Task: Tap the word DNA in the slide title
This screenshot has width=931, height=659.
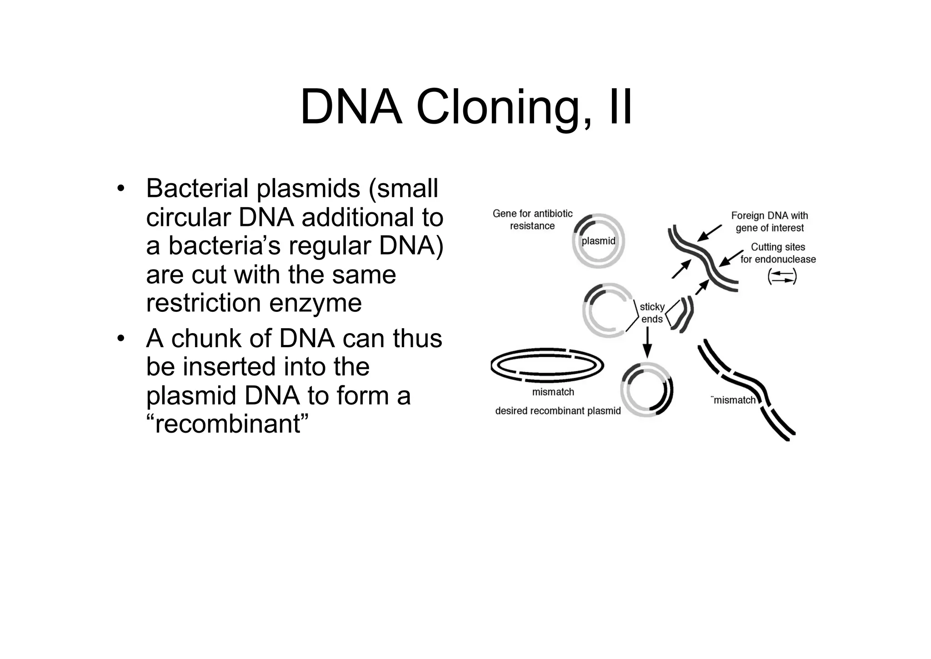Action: tap(351, 108)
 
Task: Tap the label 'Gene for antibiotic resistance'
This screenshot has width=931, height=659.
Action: tap(532, 220)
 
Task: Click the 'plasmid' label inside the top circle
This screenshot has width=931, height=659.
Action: tap(598, 241)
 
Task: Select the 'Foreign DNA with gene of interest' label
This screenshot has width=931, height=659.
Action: tap(770, 221)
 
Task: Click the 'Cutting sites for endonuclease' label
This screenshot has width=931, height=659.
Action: tap(778, 253)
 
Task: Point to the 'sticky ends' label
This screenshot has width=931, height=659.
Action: tap(652, 313)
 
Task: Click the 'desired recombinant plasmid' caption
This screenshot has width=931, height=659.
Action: tap(558, 411)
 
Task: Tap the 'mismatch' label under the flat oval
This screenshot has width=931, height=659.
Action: tap(553, 392)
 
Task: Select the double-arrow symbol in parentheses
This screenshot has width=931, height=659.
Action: tap(782, 277)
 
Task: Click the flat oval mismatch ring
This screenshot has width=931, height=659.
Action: tap(547, 365)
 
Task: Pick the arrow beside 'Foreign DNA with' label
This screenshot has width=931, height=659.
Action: tap(709, 233)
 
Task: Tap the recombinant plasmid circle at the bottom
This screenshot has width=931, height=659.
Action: tap(646, 390)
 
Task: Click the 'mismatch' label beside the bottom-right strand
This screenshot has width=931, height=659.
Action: tap(734, 400)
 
